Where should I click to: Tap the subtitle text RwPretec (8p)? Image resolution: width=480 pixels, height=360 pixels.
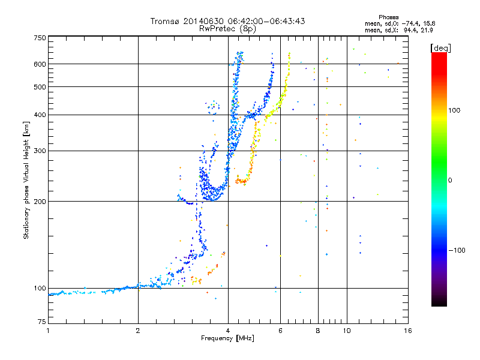[x=227, y=29]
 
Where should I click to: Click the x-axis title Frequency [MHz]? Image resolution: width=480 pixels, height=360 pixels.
[x=227, y=338]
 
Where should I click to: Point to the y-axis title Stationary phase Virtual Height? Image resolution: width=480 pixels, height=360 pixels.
[x=26, y=180]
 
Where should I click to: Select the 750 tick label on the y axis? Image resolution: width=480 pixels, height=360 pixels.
[x=40, y=38]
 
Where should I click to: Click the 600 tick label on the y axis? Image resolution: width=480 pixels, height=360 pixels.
[x=40, y=64]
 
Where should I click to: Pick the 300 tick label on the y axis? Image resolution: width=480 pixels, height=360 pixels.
[x=40, y=151]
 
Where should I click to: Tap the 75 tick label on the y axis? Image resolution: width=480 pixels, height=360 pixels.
[x=42, y=322]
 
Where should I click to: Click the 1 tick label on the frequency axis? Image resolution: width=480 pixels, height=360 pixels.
[x=48, y=331]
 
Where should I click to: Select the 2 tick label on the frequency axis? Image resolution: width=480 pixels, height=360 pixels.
[x=138, y=331]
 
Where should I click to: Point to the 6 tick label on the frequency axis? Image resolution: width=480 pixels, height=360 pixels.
[x=280, y=331]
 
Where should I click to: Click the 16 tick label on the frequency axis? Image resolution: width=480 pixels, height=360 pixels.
[x=408, y=331]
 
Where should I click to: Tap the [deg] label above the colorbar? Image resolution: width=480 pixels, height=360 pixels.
[x=440, y=48]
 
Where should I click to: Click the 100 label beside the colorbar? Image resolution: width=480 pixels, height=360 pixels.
[x=454, y=110]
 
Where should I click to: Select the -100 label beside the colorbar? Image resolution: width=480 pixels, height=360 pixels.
[x=457, y=250]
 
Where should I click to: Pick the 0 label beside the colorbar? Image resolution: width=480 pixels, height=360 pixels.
[x=450, y=181]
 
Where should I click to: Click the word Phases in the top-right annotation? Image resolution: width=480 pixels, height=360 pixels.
[x=388, y=17]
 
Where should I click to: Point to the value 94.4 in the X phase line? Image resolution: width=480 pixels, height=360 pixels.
[x=410, y=30]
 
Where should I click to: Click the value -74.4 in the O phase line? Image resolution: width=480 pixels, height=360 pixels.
[x=409, y=23]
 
